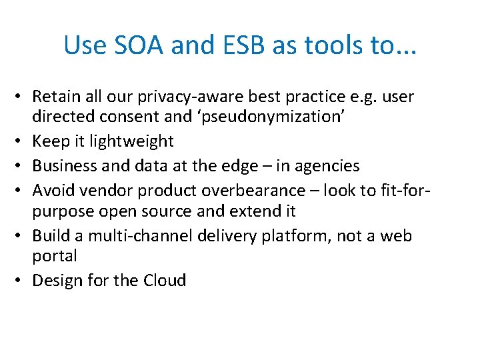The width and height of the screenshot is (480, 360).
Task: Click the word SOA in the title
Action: coord(138,45)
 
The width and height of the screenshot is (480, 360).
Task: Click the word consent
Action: coord(121,117)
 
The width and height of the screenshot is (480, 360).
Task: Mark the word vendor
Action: coord(100,190)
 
